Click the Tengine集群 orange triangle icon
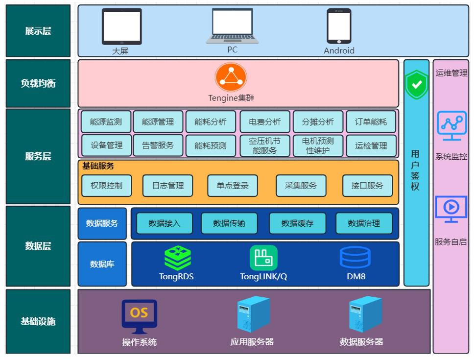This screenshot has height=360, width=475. [x=231, y=77]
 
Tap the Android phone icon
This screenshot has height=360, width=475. [x=339, y=26]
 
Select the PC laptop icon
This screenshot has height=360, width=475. [x=232, y=26]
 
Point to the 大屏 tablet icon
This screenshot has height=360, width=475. [x=121, y=26]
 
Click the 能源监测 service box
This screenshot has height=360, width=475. [x=106, y=122]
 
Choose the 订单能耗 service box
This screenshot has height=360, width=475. [x=371, y=122]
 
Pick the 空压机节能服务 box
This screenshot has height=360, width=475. [x=265, y=145]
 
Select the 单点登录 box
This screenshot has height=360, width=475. [x=233, y=186]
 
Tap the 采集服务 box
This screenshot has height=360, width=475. [x=301, y=186]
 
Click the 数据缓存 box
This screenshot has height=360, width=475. [x=297, y=223]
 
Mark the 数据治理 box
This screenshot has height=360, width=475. [x=364, y=223]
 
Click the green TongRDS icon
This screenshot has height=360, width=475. [x=177, y=258]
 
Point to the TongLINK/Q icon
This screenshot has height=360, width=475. [x=263, y=258]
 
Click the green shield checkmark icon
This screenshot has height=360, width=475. [x=416, y=85]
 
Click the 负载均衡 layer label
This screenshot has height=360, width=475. [x=38, y=83]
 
